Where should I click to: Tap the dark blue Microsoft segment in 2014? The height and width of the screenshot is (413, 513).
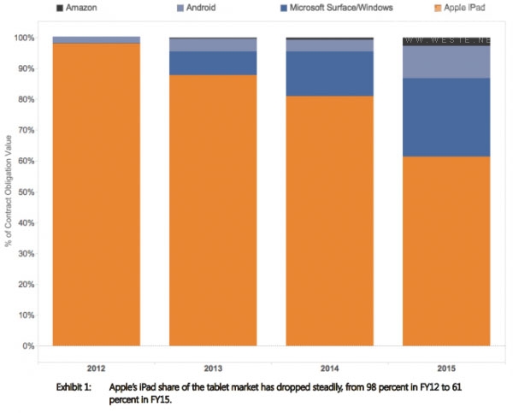[329, 74]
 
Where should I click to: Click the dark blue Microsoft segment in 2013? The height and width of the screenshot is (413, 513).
[213, 63]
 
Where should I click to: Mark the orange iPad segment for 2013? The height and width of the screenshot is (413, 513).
[213, 210]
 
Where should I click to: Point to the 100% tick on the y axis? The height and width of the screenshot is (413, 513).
[26, 38]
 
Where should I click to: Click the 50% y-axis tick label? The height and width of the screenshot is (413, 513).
[28, 192]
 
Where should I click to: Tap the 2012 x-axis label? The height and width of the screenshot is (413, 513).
[96, 369]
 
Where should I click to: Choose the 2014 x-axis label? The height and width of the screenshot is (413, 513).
[329, 369]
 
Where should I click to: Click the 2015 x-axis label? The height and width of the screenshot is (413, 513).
[446, 369]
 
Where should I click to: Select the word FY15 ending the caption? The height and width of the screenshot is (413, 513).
[169, 398]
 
